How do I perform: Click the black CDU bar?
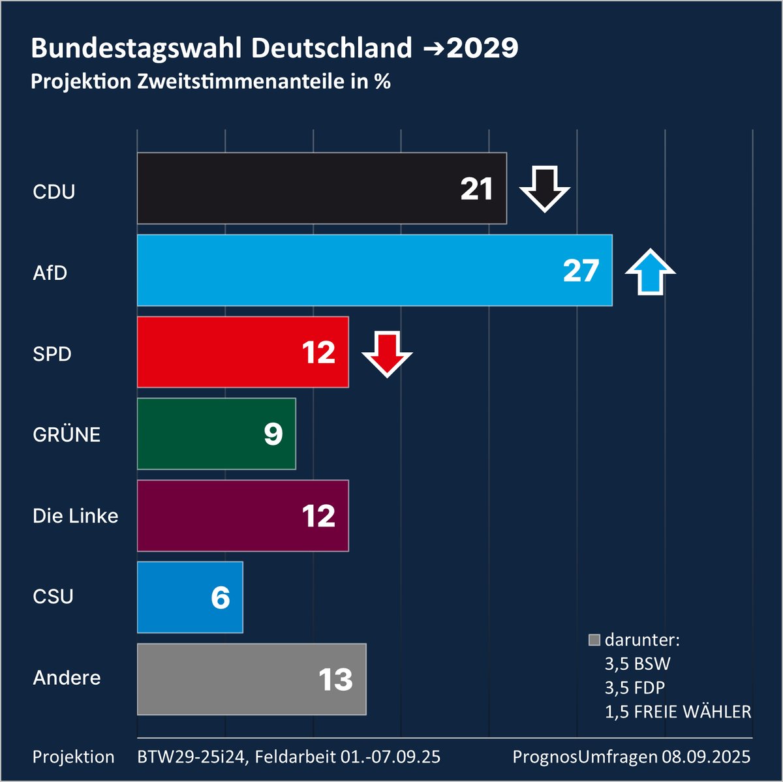(x=294, y=188)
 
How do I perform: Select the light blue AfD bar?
(x=346, y=270)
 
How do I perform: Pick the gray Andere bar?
(x=222, y=679)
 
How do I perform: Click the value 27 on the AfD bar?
(x=581, y=271)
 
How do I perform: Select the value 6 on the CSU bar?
(x=221, y=597)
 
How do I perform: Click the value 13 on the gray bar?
(x=335, y=680)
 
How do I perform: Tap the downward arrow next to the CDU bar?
(x=544, y=188)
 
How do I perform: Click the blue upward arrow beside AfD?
(x=650, y=271)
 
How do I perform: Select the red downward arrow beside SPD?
(x=387, y=353)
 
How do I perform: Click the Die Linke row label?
(x=76, y=516)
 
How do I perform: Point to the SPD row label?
(x=52, y=354)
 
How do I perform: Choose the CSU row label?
(x=53, y=597)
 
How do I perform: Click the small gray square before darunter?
(x=594, y=640)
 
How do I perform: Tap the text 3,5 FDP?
(x=634, y=687)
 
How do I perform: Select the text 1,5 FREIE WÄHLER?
(x=678, y=712)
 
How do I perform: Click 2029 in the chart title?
(x=483, y=48)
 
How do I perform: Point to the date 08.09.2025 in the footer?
(x=706, y=757)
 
